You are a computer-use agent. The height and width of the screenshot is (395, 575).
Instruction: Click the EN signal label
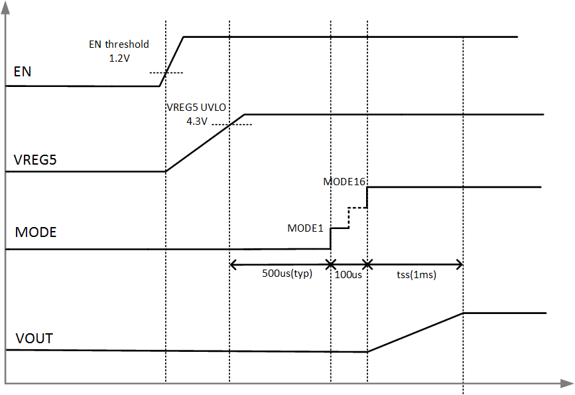22,71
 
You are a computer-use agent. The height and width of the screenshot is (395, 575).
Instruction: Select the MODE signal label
35,232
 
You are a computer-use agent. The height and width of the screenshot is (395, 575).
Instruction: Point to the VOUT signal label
33,339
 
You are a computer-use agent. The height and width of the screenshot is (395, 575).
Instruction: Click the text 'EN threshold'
119,44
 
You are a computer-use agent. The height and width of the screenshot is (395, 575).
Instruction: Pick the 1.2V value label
120,58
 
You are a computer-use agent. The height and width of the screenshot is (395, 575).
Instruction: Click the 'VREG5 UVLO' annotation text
197,108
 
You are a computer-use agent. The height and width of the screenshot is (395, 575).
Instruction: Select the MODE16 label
345,181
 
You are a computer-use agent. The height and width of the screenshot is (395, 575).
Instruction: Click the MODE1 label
304,228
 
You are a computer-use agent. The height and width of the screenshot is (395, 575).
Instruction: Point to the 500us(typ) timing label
287,274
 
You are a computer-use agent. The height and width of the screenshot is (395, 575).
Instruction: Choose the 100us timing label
348,274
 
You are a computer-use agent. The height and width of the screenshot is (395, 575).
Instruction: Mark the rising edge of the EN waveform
172,61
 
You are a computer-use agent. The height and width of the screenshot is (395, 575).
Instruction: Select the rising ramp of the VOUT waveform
415,332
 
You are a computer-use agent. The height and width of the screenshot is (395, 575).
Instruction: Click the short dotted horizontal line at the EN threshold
166,72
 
